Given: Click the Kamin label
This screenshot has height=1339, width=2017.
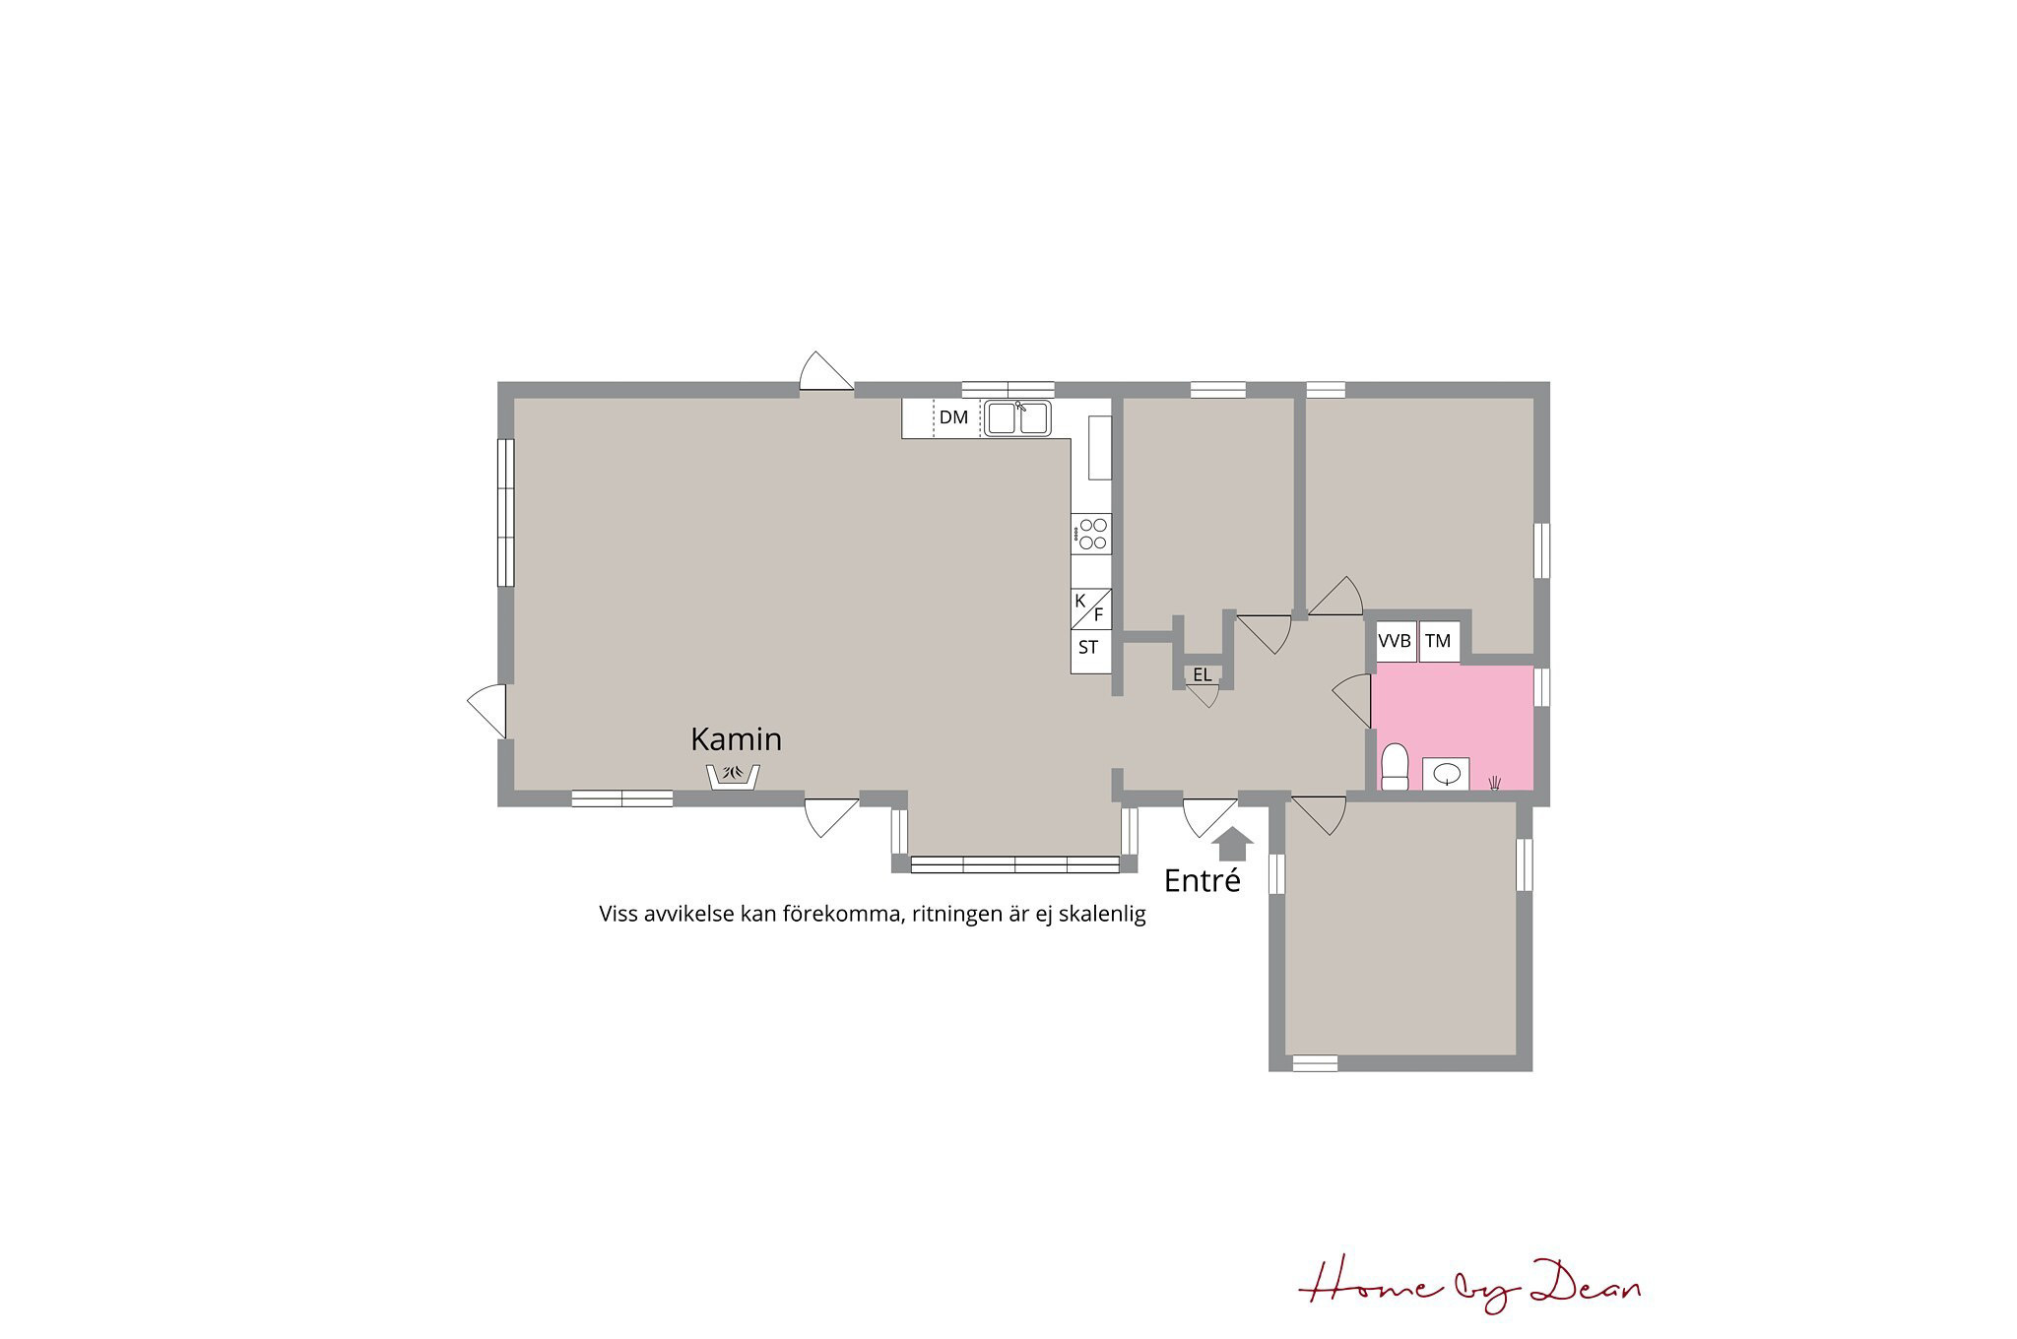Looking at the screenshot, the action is pyautogui.click(x=736, y=738).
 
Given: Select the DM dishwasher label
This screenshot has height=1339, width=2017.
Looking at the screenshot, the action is pyautogui.click(x=953, y=417).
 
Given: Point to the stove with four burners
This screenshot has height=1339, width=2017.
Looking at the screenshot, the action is pyautogui.click(x=1091, y=534).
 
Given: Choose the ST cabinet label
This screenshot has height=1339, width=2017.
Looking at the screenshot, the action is pyautogui.click(x=1088, y=648).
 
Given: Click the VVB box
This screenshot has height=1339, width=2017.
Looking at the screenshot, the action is pyautogui.click(x=1396, y=642).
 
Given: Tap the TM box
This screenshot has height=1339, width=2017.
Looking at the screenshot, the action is pyautogui.click(x=1439, y=642).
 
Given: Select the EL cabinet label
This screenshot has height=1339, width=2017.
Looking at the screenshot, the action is pyautogui.click(x=1203, y=675).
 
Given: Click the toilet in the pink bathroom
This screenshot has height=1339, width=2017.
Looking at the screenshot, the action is pyautogui.click(x=1395, y=767).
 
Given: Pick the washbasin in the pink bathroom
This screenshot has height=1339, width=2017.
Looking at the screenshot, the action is pyautogui.click(x=1446, y=774).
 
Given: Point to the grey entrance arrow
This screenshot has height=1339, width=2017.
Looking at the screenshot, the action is pyautogui.click(x=1232, y=844).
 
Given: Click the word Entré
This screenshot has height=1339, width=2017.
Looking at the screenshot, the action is pyautogui.click(x=1202, y=880).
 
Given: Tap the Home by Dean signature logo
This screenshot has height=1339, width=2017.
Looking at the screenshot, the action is pyautogui.click(x=1469, y=1286).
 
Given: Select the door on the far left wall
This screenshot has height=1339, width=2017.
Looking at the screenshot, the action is pyautogui.click(x=487, y=711).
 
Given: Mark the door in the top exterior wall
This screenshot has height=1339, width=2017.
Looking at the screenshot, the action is pyautogui.click(x=826, y=371).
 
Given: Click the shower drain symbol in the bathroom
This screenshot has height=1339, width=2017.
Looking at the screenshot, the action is pyautogui.click(x=1495, y=782).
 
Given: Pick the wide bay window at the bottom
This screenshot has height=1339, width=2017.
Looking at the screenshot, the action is pyautogui.click(x=1014, y=864).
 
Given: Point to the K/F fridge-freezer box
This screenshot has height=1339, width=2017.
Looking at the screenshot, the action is pyautogui.click(x=1091, y=608).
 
